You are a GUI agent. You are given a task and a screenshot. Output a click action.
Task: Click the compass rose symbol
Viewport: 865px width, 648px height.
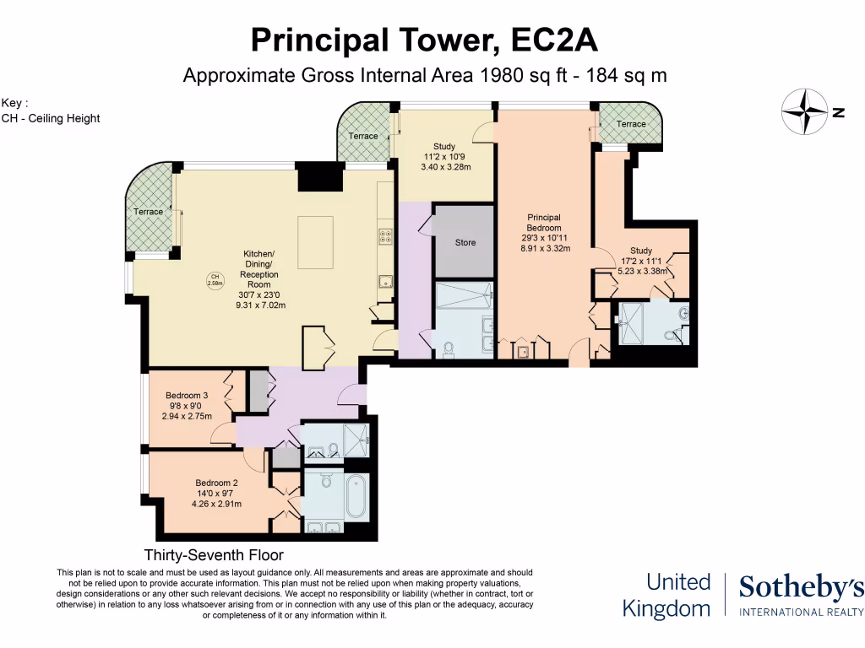click(x=804, y=111)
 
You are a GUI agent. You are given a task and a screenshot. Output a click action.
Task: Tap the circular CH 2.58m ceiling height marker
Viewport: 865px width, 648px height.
click(x=215, y=281)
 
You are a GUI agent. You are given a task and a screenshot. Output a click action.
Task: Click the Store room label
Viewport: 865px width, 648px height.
click(x=465, y=242)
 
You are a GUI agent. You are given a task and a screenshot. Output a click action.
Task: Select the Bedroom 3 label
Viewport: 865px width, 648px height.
click(x=187, y=396)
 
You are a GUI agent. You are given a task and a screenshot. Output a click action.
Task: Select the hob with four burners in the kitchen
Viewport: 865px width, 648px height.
click(x=385, y=237)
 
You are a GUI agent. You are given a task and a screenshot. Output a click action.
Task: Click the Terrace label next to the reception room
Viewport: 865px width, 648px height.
click(x=149, y=212)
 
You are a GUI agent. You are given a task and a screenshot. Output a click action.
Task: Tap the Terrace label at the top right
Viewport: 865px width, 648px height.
click(x=631, y=124)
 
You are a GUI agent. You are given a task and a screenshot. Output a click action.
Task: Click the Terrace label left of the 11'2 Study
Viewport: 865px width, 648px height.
click(x=363, y=136)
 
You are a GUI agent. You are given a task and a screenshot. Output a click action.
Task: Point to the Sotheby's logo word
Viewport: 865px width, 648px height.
click(x=801, y=588)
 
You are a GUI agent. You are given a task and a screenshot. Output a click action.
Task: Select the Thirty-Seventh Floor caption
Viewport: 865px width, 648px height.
click(x=214, y=555)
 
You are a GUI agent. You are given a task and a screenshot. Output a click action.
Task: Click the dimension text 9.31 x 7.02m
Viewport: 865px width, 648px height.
click(x=261, y=305)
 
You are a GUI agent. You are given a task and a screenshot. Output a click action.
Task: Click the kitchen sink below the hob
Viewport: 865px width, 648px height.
click(x=385, y=281)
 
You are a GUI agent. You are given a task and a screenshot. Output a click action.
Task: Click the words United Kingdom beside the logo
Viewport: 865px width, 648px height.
click(x=667, y=595)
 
